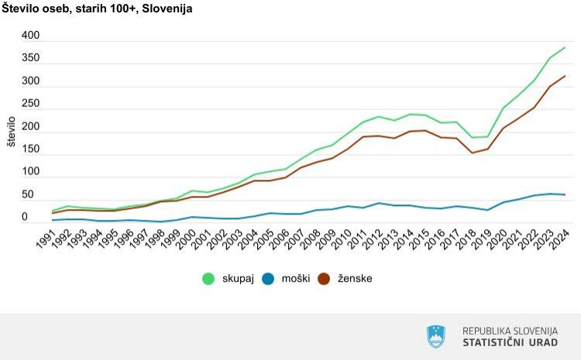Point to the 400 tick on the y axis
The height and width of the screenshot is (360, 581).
tap(30, 36)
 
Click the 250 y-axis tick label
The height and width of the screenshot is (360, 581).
tap(30, 104)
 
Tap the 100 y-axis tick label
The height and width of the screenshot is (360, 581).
tap(30, 172)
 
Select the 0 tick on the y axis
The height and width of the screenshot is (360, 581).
tap(36, 218)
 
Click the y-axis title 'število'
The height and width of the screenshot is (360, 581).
tap(10, 132)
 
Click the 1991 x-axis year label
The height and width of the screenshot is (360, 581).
tap(44, 238)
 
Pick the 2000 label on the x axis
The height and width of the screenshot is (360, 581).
tap(187, 238)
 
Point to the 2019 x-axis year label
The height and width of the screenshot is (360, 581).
tap(484, 238)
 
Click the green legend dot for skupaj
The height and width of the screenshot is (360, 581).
tap(208, 278)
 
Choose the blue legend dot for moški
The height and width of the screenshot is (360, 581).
tap(266, 278)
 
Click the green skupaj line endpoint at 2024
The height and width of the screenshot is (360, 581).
tap(565, 48)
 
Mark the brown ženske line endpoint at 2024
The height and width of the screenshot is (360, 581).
tap(565, 76)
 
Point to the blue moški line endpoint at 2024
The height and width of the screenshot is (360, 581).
tap(565, 194)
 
